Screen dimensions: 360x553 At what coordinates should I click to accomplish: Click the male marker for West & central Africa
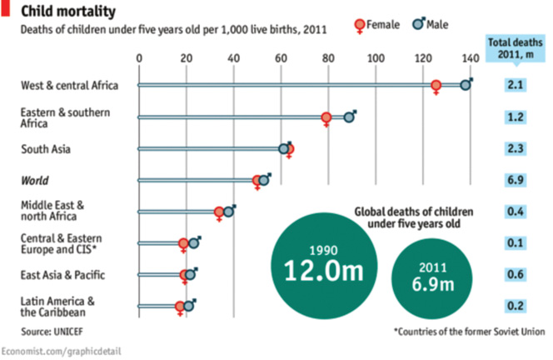pos(466,85)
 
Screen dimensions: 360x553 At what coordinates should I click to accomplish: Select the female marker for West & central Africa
pos(436,86)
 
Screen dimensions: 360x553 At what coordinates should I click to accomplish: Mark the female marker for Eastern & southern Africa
pos(326,117)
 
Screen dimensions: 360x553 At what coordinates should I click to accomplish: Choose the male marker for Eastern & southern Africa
pos(350,117)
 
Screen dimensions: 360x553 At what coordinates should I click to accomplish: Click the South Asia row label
pos(46,149)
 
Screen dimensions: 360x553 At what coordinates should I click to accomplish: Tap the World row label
pos(35,180)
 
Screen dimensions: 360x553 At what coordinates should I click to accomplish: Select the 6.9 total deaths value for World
pos(514,180)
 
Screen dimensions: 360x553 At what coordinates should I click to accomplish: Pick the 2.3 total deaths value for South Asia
pos(514,149)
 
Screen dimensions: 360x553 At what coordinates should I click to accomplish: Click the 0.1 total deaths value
pos(514,242)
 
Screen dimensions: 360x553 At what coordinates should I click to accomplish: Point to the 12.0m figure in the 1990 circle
pos(317,271)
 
